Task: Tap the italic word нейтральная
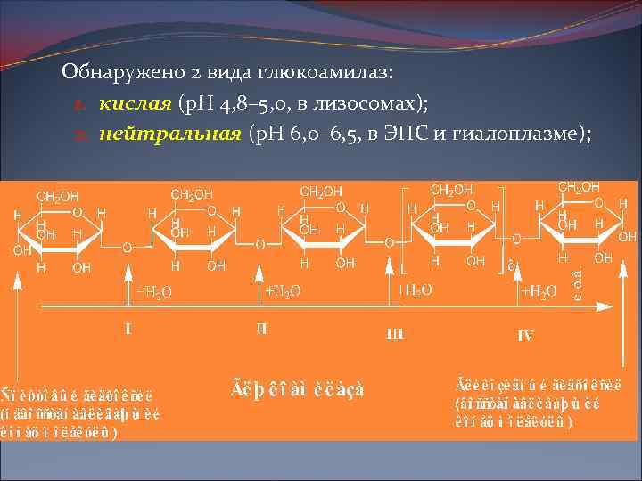169,134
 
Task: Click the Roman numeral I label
128,328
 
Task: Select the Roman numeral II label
260,328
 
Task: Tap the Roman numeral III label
395,334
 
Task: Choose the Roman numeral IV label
525,336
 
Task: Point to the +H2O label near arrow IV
539,290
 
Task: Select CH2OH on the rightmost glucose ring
579,187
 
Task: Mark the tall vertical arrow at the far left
17,330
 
